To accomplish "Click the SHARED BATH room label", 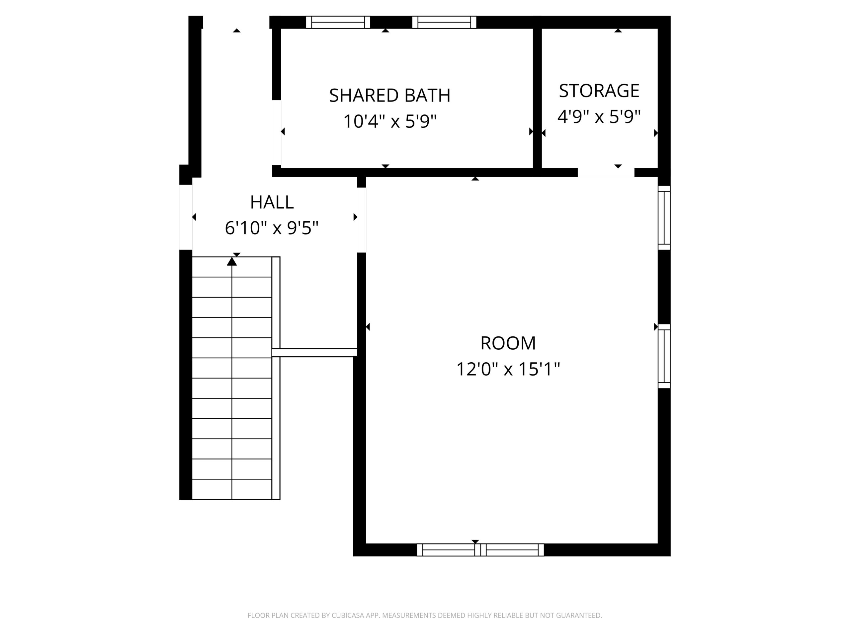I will click(390, 96).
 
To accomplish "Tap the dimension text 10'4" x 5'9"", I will click(390, 122).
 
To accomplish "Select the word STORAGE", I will click(599, 91).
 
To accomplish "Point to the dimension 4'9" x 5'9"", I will click(599, 117).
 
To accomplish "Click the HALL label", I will click(272, 202).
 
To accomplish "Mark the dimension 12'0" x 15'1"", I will click(508, 369).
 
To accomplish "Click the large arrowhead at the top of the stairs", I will click(232, 262).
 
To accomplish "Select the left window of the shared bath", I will click(338, 22).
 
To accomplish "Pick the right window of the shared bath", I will click(444, 22).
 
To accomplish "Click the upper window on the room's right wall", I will click(664, 218).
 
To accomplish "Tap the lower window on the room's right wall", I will click(664, 356).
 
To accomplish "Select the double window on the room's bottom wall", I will click(480, 550).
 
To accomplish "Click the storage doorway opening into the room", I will click(606, 173).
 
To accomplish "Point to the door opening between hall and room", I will click(361, 220).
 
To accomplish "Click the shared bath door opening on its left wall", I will click(276, 132).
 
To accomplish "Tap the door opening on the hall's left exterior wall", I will click(186, 217).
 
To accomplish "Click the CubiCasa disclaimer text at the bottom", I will click(425, 615).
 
